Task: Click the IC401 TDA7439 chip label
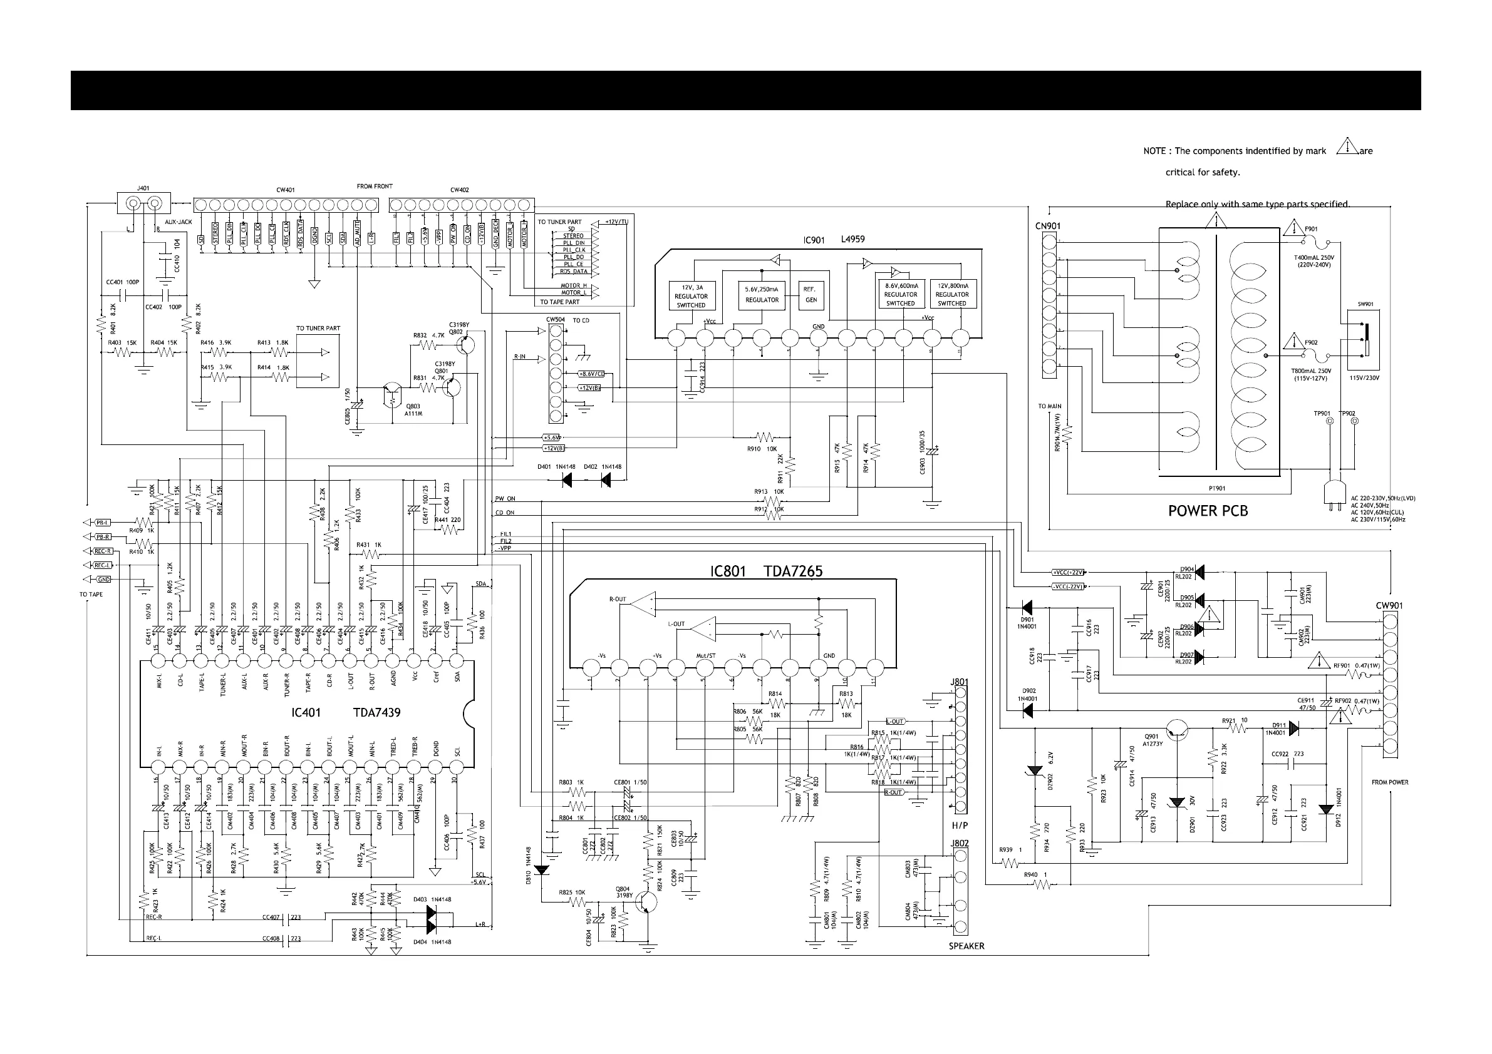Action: click(x=346, y=712)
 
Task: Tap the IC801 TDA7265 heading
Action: click(x=766, y=571)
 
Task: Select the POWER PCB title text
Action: click(x=1208, y=511)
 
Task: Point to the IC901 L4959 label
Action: click(x=834, y=240)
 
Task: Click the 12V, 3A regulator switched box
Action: click(x=691, y=296)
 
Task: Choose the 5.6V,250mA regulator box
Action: click(x=762, y=295)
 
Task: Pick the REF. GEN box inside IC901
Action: click(x=811, y=295)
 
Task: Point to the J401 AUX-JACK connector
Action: click(x=143, y=204)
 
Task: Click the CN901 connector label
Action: click(x=1047, y=227)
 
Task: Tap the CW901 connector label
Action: click(x=1389, y=606)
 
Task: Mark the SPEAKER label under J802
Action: click(x=966, y=946)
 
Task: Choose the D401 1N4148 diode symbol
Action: click(x=567, y=481)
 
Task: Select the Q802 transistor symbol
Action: click(x=471, y=344)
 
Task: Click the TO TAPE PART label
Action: click(x=559, y=302)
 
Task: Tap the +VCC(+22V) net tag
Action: click(x=1068, y=572)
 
